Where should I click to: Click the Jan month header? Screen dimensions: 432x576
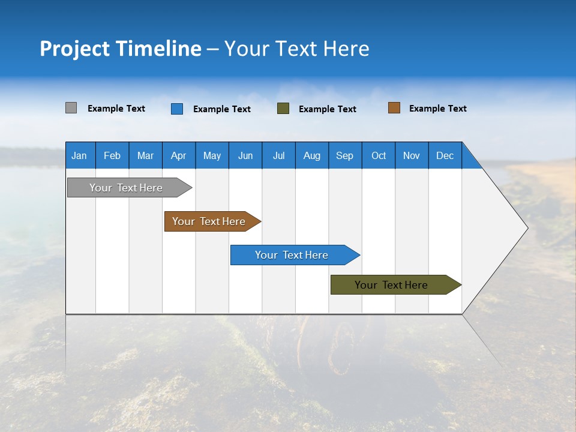coord(79,155)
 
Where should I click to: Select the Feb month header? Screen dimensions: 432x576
coord(112,155)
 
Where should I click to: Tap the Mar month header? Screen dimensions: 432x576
coord(145,155)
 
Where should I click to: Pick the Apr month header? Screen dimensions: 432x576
coord(179,155)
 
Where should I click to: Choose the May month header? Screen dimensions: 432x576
coord(212,155)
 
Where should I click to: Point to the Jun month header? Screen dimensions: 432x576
coord(245,155)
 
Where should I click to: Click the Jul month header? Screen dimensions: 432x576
coord(278,155)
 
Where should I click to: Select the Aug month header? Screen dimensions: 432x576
coord(312,155)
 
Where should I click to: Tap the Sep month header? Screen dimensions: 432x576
coord(345,155)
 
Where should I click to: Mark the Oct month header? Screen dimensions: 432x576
coord(379,155)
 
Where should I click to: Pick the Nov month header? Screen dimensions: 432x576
coord(412,155)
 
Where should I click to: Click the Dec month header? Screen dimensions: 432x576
coord(445,155)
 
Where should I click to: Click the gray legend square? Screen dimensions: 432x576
coord(71,108)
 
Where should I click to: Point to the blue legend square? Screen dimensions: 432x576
coord(177,109)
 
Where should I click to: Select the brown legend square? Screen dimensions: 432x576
coord(394,108)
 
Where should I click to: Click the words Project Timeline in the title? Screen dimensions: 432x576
coord(121,49)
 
